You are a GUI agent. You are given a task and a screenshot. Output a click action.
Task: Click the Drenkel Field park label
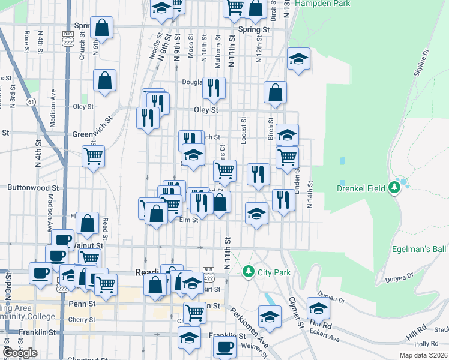click(360, 188)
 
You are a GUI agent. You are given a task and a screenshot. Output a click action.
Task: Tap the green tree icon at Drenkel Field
click(394, 188)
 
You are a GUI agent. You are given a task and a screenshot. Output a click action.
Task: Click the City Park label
click(274, 272)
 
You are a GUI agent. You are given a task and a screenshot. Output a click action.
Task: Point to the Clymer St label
click(294, 312)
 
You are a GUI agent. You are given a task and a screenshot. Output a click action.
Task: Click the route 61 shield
click(31, 102)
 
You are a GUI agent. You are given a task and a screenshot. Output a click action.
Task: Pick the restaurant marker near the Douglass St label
click(214, 88)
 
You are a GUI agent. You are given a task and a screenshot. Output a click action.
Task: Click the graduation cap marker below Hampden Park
click(298, 59)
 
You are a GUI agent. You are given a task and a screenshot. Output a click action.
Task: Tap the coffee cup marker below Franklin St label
click(226, 346)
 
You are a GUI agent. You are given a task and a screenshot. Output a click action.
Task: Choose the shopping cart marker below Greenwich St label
click(93, 157)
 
